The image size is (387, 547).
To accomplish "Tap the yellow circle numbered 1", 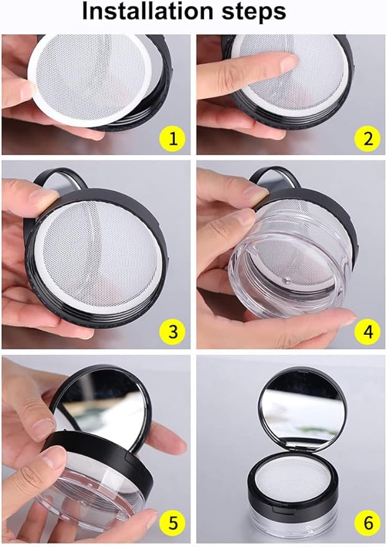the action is click(x=173, y=139).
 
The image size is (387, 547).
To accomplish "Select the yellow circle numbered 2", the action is click(x=368, y=139).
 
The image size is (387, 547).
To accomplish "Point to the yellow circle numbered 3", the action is click(x=173, y=332).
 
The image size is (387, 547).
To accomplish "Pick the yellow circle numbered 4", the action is click(x=368, y=332).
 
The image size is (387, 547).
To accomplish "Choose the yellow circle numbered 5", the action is click(x=173, y=523).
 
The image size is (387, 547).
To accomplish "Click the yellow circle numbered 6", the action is click(x=368, y=523).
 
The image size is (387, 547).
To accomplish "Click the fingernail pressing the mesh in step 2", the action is click(x=289, y=63).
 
